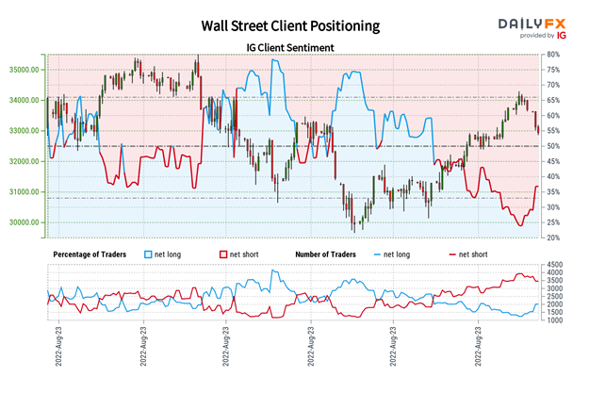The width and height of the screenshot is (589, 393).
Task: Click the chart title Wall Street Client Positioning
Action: (x=284, y=25)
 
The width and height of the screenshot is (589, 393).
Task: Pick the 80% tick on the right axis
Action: (x=554, y=55)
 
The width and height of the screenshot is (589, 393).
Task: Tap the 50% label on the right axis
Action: (x=554, y=146)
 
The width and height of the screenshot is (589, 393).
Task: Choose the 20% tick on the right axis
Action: (x=554, y=237)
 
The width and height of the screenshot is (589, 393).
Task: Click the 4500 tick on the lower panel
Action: (x=556, y=267)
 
